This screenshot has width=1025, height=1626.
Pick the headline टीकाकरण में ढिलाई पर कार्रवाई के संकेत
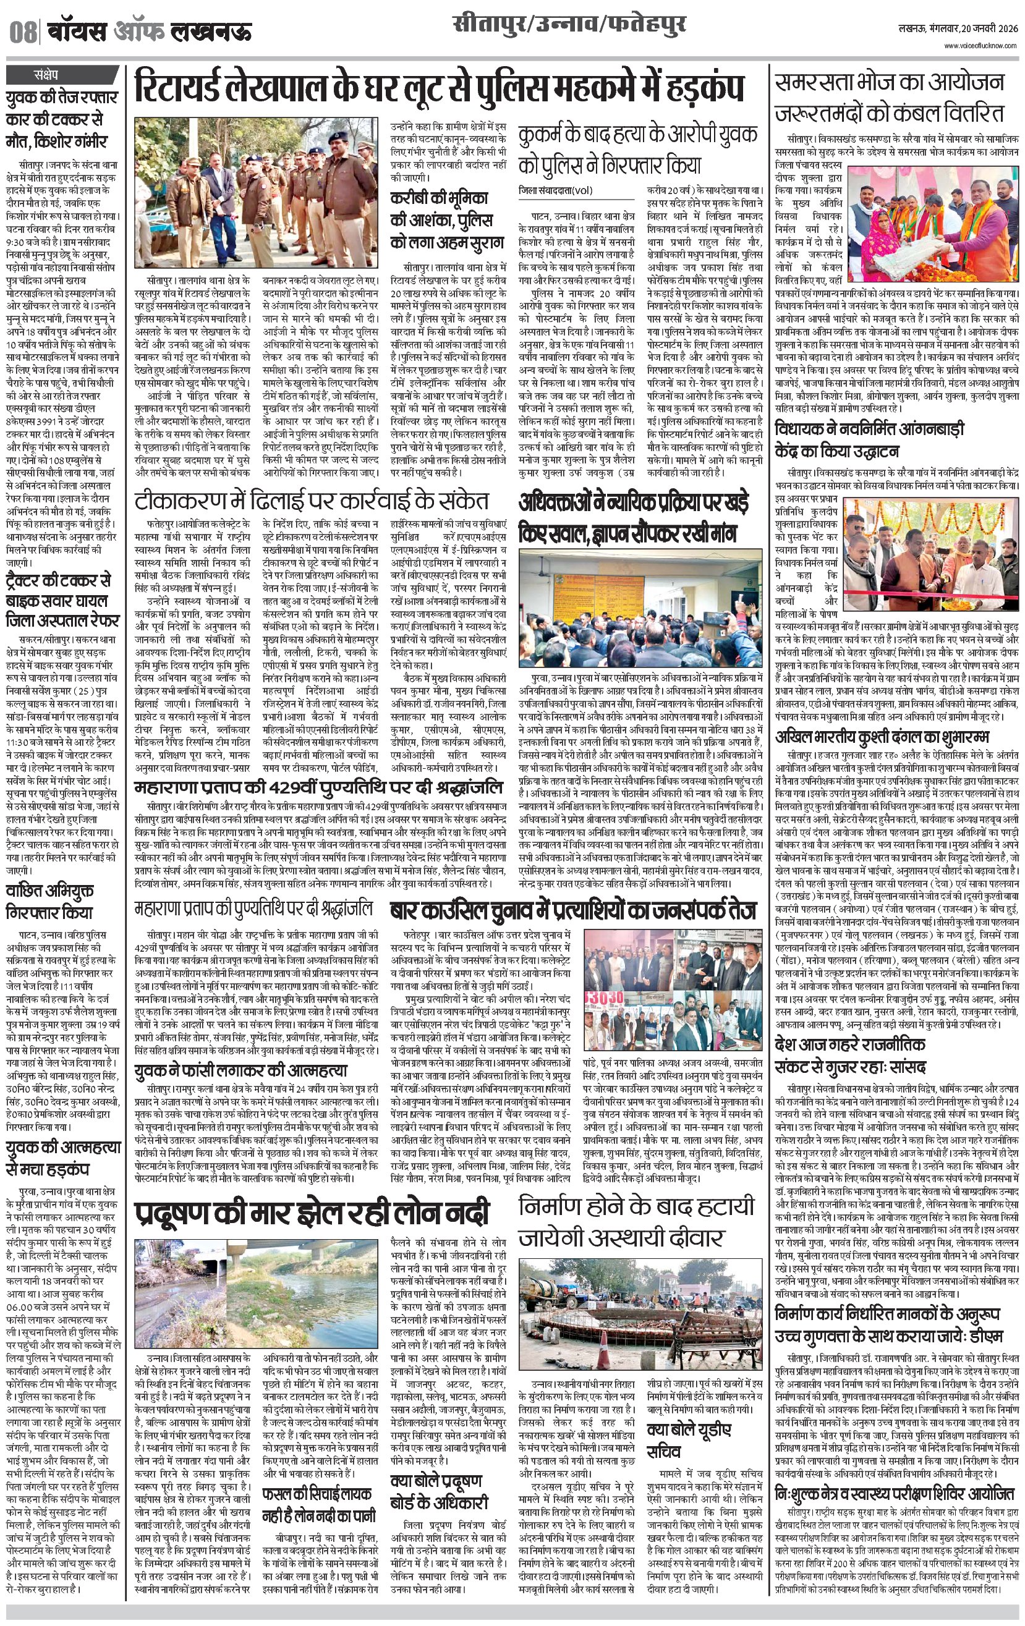tap(311, 501)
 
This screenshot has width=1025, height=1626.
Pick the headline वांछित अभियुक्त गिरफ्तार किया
tap(49, 899)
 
